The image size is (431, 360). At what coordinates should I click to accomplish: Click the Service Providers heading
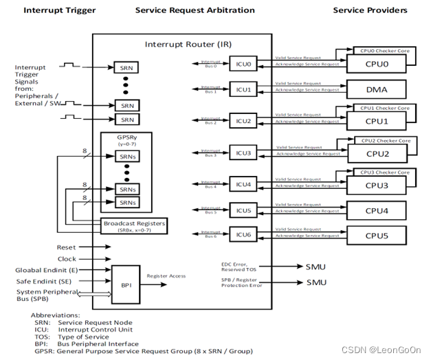370,10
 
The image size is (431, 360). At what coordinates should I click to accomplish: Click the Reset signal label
67,247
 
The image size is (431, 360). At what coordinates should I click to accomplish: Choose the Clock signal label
67,259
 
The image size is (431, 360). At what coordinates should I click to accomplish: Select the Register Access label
166,275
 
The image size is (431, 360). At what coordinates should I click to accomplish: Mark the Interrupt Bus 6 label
211,235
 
